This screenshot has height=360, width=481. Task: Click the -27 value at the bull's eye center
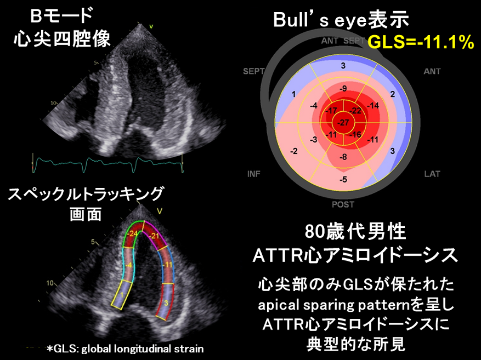pos(343,123)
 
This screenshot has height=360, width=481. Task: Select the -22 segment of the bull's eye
pos(355,111)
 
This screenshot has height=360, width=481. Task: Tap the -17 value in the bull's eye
pos(331,111)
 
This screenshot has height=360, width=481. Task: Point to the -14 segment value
pos(373,106)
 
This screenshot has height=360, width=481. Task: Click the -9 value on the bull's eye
pos(343,89)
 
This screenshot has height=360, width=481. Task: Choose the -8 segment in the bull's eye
pos(343,157)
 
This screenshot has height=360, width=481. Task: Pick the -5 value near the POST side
pos(343,180)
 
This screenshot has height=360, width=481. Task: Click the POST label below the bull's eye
pos(343,204)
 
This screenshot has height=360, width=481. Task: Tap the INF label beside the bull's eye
pos(254,174)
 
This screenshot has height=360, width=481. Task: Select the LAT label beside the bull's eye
pos(432,174)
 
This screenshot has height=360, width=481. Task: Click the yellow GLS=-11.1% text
pos(421,42)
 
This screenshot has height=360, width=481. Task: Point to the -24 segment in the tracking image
pos(133,233)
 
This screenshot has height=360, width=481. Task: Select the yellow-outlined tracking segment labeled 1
pos(122,295)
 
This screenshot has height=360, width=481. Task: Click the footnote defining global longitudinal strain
pos(125,348)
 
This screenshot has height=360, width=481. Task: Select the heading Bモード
pos(61,16)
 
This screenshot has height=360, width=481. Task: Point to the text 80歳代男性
pos(355,232)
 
